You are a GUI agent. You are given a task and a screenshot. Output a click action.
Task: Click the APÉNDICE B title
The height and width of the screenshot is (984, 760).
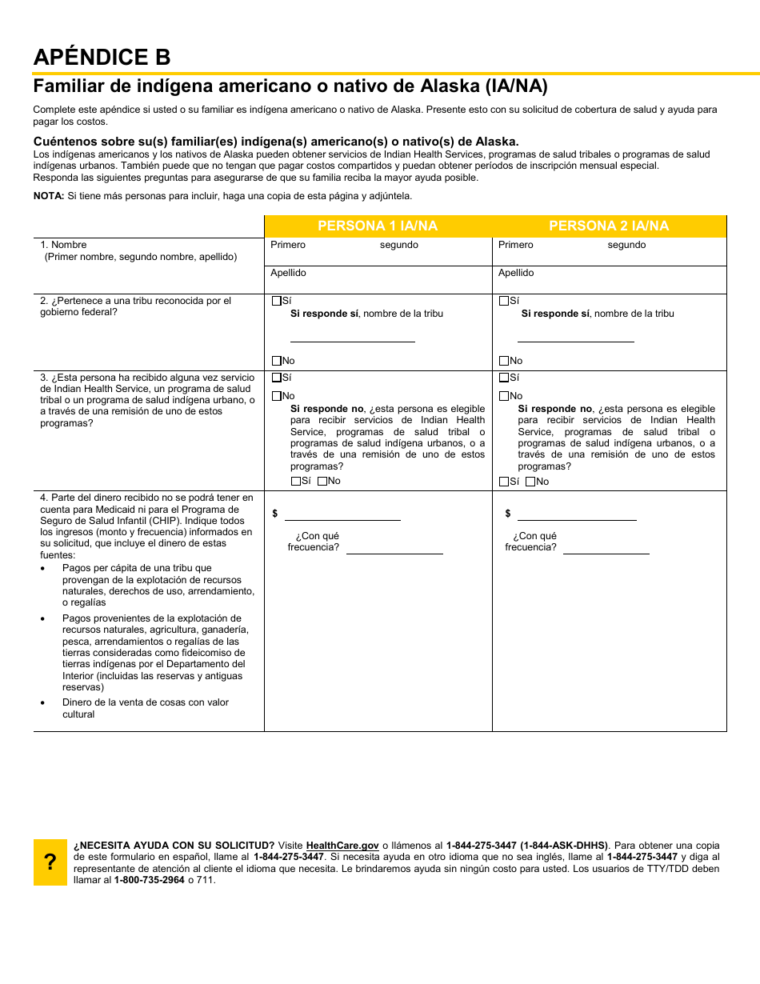102,58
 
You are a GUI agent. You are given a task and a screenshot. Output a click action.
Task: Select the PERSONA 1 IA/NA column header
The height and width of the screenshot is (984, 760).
378,226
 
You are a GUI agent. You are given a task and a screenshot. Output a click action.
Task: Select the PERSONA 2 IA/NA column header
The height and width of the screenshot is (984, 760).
609,226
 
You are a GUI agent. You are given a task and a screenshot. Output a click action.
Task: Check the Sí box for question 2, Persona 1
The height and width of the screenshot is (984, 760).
277,301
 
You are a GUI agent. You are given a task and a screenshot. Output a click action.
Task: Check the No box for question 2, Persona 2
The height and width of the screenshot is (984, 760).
504,361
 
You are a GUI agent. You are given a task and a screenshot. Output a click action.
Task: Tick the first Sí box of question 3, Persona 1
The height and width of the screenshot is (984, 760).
277,377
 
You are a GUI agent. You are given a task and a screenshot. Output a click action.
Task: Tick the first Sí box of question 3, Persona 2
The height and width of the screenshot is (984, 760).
504,377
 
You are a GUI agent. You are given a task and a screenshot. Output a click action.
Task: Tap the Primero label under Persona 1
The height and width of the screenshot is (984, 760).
288,245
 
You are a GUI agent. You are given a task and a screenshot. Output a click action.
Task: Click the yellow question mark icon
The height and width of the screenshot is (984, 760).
50,862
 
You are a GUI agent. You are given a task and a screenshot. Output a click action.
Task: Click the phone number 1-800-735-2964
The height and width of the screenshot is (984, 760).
150,880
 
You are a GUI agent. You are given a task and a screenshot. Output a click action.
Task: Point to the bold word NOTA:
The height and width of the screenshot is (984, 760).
48,196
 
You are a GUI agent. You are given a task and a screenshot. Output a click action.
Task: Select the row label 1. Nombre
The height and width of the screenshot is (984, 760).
64,245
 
